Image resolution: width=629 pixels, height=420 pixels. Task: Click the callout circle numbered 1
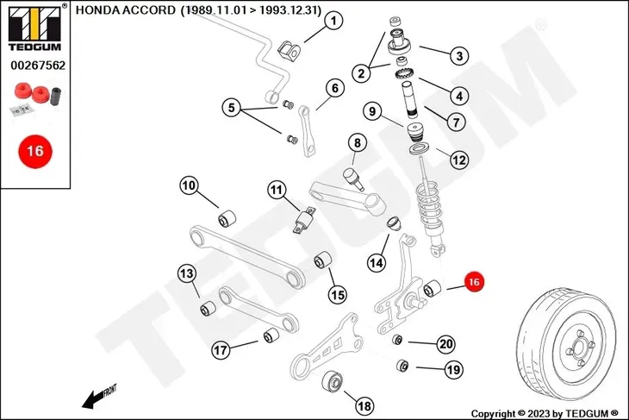(333, 21)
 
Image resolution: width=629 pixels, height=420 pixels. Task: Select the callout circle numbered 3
(459, 56)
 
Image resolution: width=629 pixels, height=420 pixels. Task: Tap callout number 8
(357, 142)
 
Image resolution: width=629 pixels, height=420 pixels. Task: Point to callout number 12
(459, 160)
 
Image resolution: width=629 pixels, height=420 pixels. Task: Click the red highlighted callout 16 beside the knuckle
(474, 282)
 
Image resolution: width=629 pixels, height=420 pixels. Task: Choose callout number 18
(364, 405)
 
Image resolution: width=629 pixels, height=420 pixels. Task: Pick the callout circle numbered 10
(189, 185)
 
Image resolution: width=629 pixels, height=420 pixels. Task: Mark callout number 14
(377, 262)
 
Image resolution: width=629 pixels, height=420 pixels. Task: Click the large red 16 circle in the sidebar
(35, 152)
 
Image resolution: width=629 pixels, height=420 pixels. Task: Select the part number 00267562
(38, 66)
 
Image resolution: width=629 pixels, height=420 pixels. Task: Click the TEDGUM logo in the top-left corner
(35, 28)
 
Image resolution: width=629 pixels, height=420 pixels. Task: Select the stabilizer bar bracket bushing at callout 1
(290, 50)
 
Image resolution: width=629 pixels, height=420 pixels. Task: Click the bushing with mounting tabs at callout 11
(304, 220)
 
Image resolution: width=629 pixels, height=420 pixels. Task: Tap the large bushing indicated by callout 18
(333, 380)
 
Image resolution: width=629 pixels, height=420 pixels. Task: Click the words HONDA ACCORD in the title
(126, 10)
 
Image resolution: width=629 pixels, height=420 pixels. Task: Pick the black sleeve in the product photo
(55, 97)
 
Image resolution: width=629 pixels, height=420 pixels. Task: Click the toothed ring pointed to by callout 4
(405, 73)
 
